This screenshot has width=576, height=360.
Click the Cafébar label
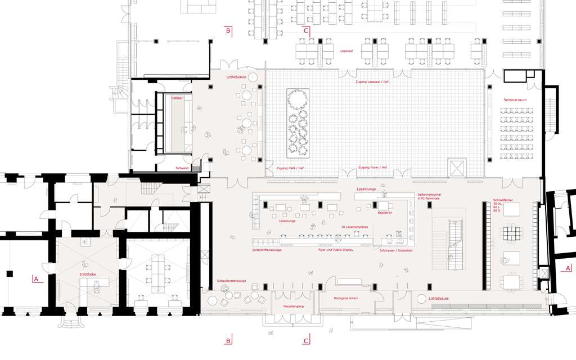click(177, 98)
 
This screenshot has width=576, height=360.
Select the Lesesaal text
click(346, 50)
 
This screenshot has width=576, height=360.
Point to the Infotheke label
click(88, 275)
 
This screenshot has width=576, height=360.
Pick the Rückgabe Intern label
click(346, 298)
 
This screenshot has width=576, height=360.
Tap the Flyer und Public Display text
click(336, 250)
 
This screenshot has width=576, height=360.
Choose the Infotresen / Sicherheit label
click(396, 250)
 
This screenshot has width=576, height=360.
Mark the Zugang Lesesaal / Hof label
click(372, 82)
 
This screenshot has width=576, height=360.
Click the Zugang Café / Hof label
click(290, 168)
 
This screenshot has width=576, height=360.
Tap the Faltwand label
click(182, 168)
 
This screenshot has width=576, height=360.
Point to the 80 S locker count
click(497, 210)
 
